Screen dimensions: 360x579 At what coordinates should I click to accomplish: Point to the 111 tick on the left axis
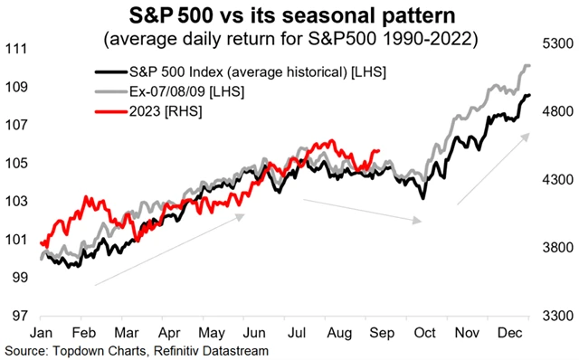tap(15, 49)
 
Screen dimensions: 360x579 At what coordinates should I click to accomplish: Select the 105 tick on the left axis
tap(15, 164)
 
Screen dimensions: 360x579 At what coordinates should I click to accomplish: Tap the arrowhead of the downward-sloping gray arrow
tap(419, 220)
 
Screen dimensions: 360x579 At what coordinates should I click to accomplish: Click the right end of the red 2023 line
tap(380, 151)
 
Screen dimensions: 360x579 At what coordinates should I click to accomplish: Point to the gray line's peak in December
tap(527, 65)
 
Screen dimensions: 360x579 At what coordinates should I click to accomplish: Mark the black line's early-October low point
tap(422, 198)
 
